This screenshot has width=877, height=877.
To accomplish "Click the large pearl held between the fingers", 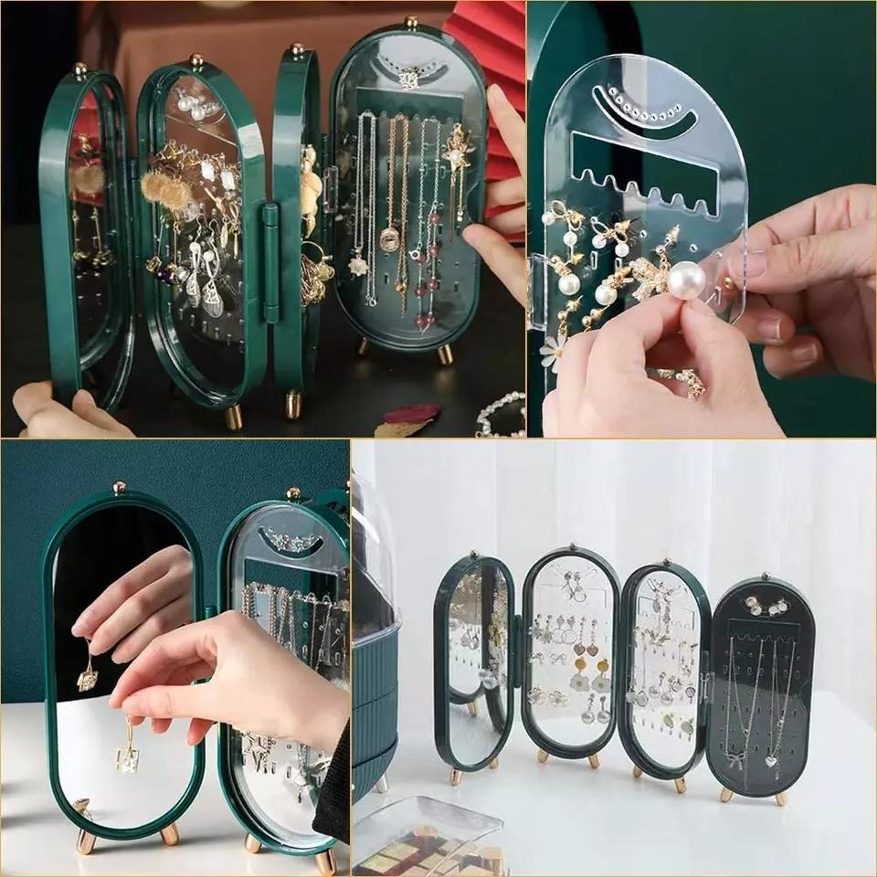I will click(x=685, y=279).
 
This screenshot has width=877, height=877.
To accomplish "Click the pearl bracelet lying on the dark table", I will click(x=501, y=416).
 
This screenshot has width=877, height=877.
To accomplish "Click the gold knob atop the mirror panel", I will click(x=119, y=487).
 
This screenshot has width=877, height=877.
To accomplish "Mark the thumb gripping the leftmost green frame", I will click(x=87, y=402).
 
